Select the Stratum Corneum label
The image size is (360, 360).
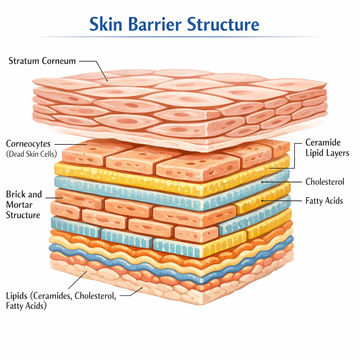point(42,61)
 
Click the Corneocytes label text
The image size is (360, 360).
point(28,143)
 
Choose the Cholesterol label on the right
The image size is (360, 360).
point(324,182)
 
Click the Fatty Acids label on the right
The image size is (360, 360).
point(324,201)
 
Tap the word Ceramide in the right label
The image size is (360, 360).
point(322,142)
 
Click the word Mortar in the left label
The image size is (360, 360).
point(19,205)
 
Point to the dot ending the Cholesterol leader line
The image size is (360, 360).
point(263,182)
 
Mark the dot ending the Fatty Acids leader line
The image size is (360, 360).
point(262,200)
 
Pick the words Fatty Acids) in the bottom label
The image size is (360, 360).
point(26,306)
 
